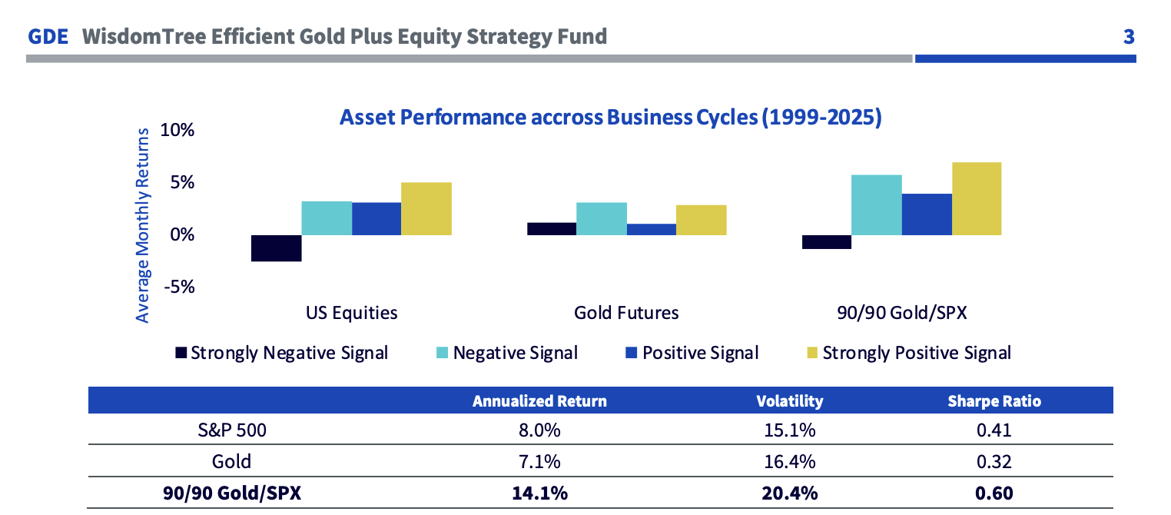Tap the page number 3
[1128, 36]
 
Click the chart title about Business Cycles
[610, 118]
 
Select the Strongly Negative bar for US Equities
[276, 248]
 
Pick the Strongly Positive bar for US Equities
[426, 208]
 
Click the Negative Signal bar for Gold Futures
[602, 218]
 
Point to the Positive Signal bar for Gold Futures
[652, 229]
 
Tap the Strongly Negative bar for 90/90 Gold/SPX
[826, 242]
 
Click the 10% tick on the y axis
[177, 130]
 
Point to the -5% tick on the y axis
[177, 287]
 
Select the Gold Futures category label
[626, 313]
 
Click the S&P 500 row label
[231, 430]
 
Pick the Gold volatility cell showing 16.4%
[789, 461]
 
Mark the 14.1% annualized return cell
[539, 493]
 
